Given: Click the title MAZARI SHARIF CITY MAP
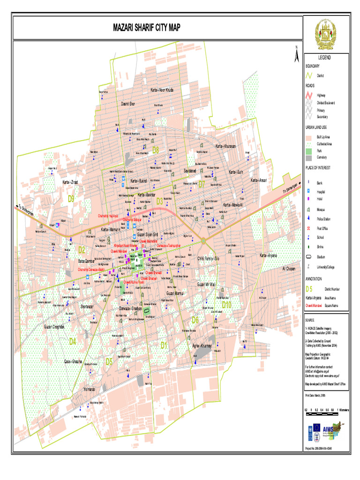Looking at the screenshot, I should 146,28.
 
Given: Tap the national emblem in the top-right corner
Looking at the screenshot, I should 325,34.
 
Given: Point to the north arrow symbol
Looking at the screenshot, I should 296,55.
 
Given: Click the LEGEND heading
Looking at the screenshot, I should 324,57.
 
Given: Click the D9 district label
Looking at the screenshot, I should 71,199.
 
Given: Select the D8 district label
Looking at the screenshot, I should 156,150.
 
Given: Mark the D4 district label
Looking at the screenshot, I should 72,341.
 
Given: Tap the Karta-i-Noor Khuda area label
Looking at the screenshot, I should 162,90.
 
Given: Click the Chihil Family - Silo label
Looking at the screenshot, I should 208,258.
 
